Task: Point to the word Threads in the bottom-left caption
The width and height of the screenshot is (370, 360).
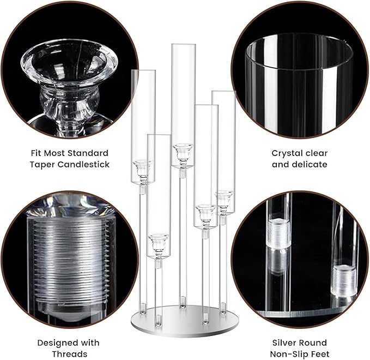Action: point(69,354)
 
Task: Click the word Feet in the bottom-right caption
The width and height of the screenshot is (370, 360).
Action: point(318,354)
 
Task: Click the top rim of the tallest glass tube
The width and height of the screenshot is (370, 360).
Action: point(183,45)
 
